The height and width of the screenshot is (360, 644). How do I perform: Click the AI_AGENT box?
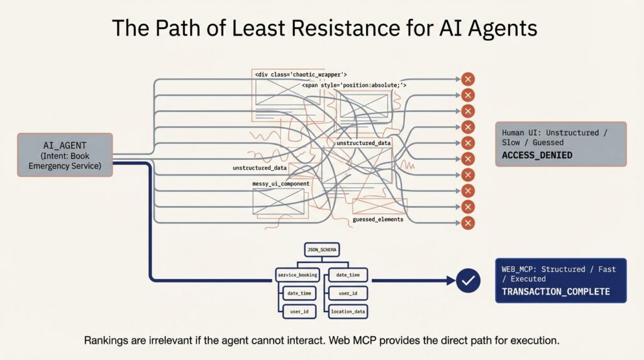65,154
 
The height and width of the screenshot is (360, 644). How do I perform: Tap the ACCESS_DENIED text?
537,155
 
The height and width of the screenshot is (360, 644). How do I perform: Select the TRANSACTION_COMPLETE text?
555,291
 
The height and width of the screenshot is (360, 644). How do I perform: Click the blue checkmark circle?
467,281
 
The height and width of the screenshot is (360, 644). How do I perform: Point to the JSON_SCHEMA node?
321,250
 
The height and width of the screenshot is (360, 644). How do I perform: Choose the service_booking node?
298,275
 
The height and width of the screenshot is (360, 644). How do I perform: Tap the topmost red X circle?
467,79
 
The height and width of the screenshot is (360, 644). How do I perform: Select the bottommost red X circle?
467,223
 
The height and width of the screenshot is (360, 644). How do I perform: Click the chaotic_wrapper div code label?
301,74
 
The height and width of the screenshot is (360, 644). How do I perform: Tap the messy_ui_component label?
280,184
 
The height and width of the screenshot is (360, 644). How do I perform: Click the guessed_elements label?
378,220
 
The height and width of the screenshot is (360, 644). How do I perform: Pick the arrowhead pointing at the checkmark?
450,281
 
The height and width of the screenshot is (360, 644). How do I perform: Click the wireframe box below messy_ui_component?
278,201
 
